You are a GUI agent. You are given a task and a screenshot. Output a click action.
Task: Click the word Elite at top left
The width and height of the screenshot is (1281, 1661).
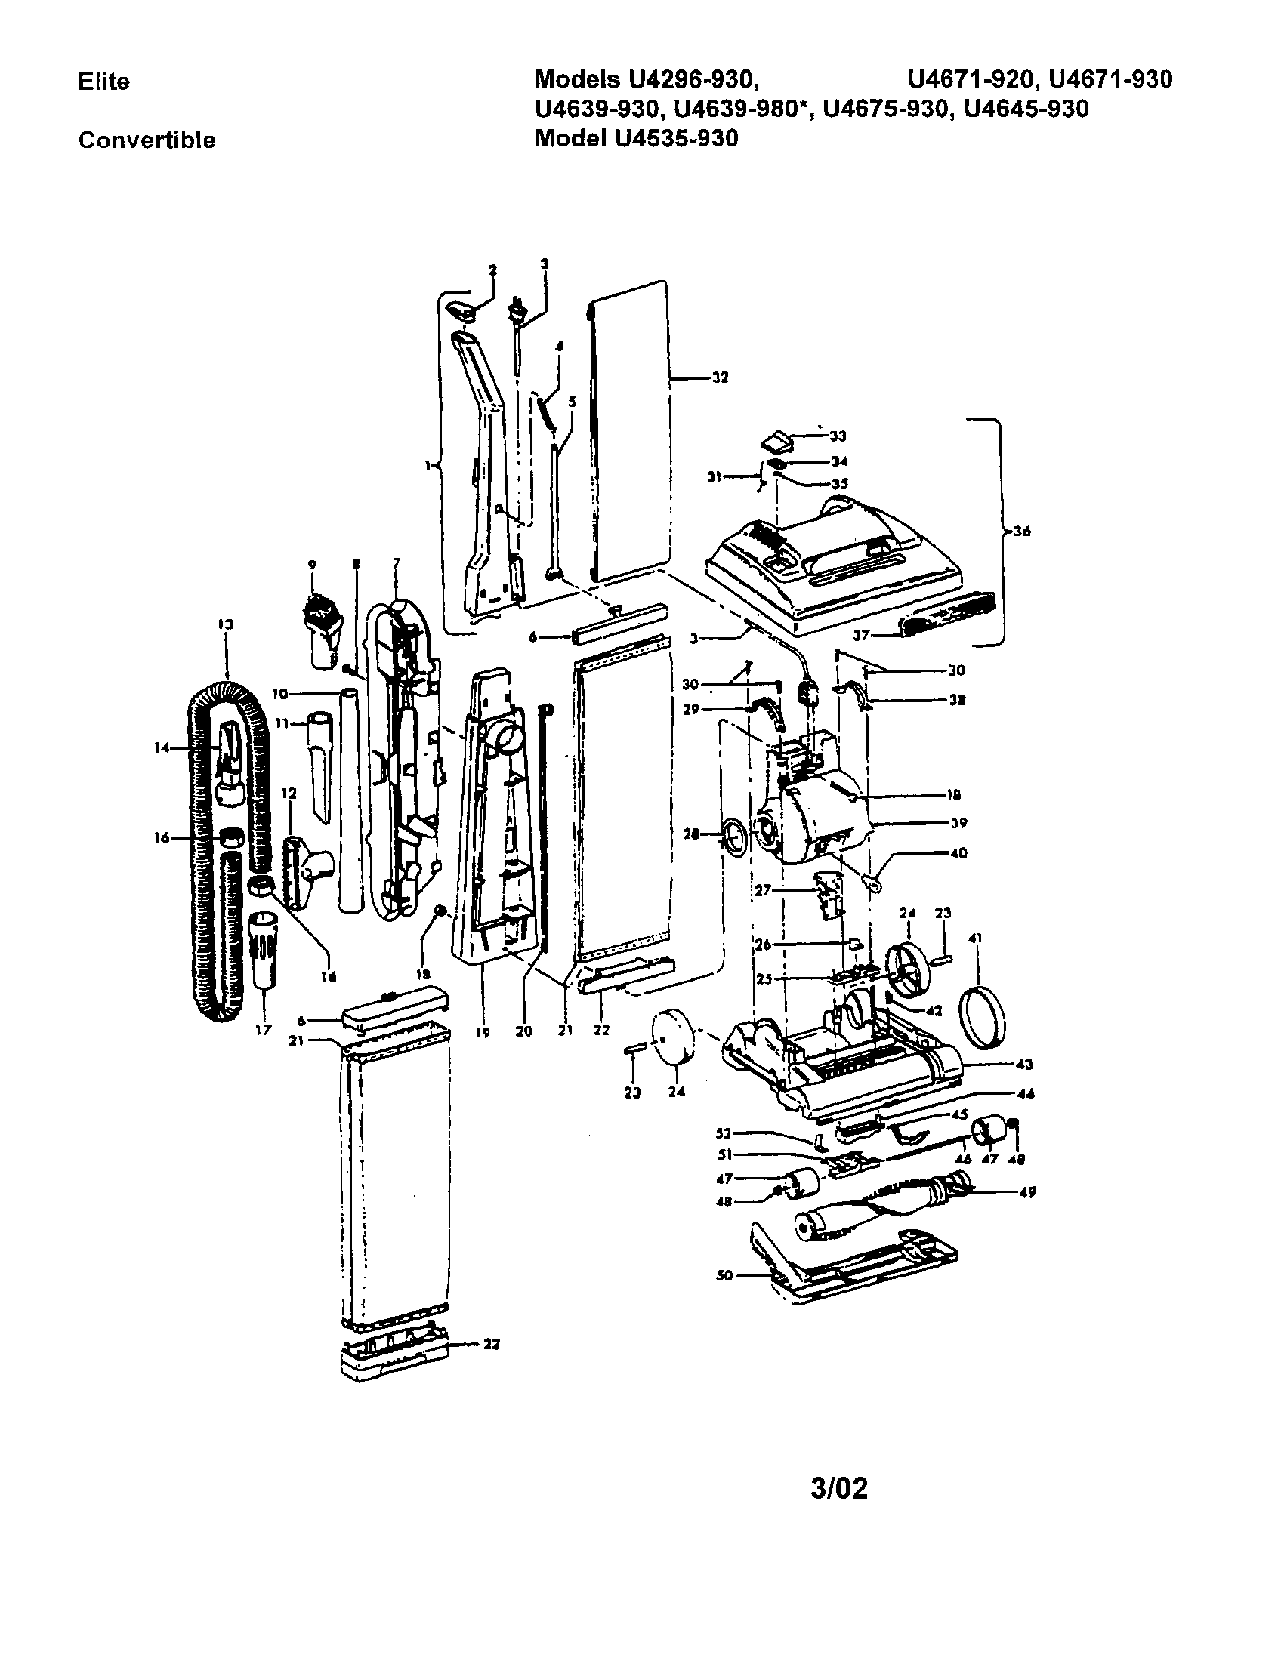tap(103, 82)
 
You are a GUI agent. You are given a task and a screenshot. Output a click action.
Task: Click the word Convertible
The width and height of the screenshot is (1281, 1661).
tap(147, 140)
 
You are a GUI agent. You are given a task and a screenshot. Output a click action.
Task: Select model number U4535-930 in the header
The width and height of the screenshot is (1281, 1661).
tap(671, 138)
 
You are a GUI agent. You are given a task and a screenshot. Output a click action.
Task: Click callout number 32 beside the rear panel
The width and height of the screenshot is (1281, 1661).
tap(719, 377)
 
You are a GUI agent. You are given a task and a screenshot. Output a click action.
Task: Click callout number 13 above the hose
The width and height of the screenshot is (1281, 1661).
tap(226, 624)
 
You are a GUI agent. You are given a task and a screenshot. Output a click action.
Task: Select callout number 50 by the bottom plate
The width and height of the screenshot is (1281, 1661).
tap(724, 1275)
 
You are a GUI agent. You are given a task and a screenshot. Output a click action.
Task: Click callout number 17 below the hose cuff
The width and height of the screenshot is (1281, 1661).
tap(263, 1031)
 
